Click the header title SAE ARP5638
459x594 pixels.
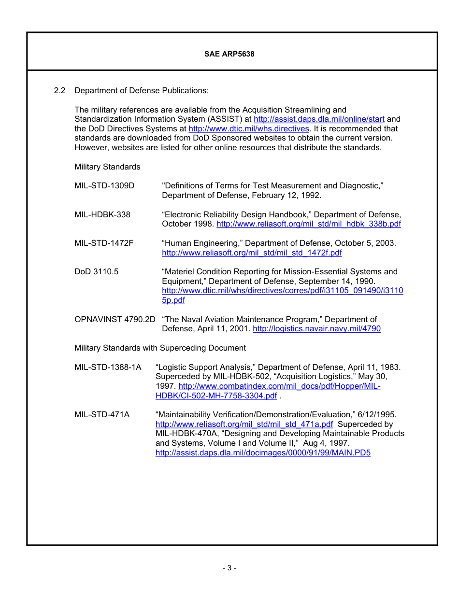229,54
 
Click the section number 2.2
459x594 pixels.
59,90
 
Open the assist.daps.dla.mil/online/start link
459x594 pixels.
319,119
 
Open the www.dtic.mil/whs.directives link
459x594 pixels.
248,128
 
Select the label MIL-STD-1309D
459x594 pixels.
104,185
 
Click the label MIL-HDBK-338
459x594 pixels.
102,214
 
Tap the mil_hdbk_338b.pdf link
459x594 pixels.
308,224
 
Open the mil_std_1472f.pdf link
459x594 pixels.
252,253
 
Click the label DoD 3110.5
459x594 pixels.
96,271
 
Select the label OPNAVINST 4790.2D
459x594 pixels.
115,319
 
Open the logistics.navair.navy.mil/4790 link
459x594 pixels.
316,329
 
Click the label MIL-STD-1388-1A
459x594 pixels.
108,367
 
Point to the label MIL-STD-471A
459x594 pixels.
101,414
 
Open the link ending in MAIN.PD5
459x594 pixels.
263,453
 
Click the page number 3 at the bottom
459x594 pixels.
229,568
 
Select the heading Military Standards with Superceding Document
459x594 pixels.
160,348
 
